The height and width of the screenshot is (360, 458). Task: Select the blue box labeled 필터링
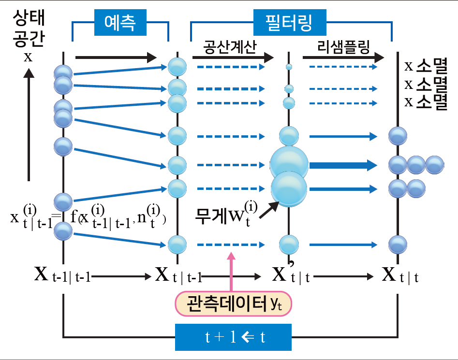click(289, 21)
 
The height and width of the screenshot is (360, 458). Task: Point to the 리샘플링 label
click(343, 47)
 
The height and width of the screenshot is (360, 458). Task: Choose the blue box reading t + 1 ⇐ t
click(233, 337)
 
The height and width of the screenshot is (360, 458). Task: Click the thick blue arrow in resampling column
click(342, 165)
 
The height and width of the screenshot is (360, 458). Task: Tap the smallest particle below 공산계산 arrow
click(289, 67)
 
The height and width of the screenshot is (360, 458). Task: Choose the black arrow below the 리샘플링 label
click(343, 58)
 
